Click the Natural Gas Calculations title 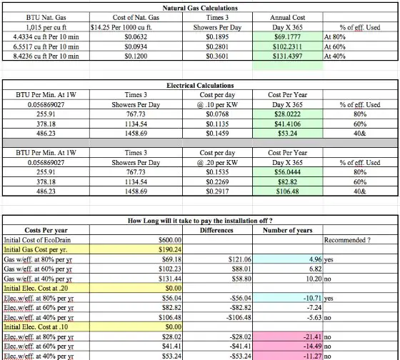click(200, 8)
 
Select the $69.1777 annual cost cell click(287, 36)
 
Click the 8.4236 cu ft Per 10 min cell click(46, 56)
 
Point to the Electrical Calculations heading click(200, 85)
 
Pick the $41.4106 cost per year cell click(287, 124)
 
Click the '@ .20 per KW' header click(217, 162)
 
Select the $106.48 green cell click(287, 191)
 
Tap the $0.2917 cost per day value click(217, 191)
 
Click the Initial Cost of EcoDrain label click(37, 240)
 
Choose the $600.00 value click(170, 240)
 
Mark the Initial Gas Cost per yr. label click(36, 249)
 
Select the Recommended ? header click(347, 240)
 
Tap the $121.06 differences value click(240, 259)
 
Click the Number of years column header click(287, 230)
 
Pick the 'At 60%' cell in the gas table click(334, 46)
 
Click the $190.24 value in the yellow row click(170, 249)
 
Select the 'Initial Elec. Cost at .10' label click(36, 327)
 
